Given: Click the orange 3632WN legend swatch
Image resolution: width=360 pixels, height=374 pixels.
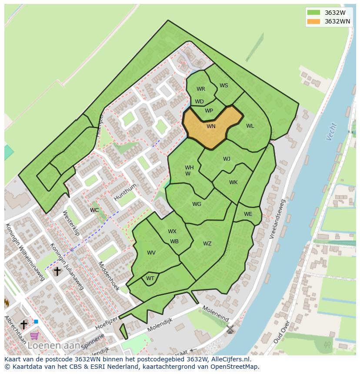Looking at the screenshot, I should coord(313,22).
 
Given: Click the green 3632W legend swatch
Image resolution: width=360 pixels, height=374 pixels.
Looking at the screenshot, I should coord(313,12).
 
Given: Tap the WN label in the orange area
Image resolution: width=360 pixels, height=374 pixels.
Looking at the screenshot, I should coord(211,126).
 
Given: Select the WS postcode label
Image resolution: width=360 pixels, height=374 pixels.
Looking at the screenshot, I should coord(223,86).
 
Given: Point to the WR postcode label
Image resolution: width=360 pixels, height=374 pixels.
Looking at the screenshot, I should coord(200,89).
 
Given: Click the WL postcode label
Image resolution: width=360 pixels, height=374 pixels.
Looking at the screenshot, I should coord(250,126).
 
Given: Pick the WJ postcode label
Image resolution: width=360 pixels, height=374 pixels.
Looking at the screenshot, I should coord(227,159).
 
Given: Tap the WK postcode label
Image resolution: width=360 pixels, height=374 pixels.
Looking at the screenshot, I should coord(233,182).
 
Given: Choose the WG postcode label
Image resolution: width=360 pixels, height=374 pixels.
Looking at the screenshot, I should coord(197,204).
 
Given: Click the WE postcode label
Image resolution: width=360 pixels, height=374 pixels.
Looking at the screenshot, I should coord(248,214).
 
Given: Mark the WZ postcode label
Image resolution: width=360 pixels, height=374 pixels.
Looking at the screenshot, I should coord(207,244).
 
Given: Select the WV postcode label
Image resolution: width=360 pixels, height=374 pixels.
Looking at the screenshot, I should coord(151,253).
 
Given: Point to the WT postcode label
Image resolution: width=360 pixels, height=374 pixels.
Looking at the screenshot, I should coord(150,278).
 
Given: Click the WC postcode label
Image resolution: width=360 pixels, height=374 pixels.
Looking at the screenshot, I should coord(94,210).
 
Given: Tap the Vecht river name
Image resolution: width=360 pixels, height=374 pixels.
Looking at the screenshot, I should coord(331,132).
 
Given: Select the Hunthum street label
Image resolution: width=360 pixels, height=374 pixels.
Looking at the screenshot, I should coord(125,192).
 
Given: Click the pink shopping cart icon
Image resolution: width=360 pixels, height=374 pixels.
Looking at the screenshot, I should coord(34,335).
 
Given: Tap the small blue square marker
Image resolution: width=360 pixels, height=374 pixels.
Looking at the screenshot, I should coord(36,321).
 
